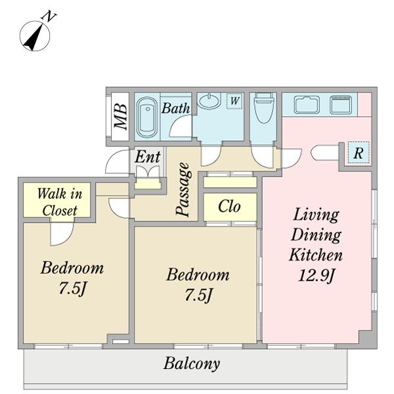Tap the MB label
coord(120,117)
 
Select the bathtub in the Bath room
coord(146,118)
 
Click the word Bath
coord(175,108)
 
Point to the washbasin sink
coord(210,100)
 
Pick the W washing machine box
coord(234,100)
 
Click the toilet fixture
coord(263,108)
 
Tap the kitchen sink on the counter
coord(307,104)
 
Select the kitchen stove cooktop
coord(340,104)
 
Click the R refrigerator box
coord(359,152)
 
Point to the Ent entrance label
coord(148,157)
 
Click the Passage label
coord(183,189)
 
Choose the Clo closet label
coord(229,207)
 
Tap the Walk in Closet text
coord(60,202)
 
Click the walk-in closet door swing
coord(62,234)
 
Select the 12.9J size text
coord(317,275)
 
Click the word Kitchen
coord(316,254)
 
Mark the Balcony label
coord(192,364)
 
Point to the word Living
coord(316,215)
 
